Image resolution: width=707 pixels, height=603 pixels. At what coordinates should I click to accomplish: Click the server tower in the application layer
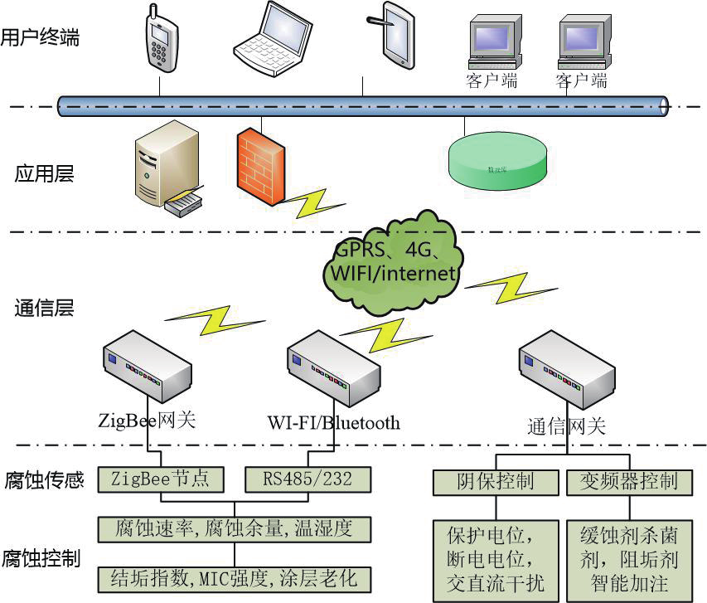click(x=166, y=164)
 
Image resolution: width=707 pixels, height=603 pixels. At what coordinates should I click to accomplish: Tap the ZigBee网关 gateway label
click(x=147, y=421)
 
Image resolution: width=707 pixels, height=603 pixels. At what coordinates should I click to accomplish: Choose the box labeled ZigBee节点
click(x=160, y=479)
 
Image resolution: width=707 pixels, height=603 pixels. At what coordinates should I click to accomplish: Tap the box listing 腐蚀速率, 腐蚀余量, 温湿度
click(x=233, y=528)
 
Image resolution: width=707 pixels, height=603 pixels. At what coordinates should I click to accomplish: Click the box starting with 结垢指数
click(x=233, y=578)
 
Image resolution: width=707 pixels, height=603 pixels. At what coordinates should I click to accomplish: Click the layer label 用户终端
click(x=40, y=37)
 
